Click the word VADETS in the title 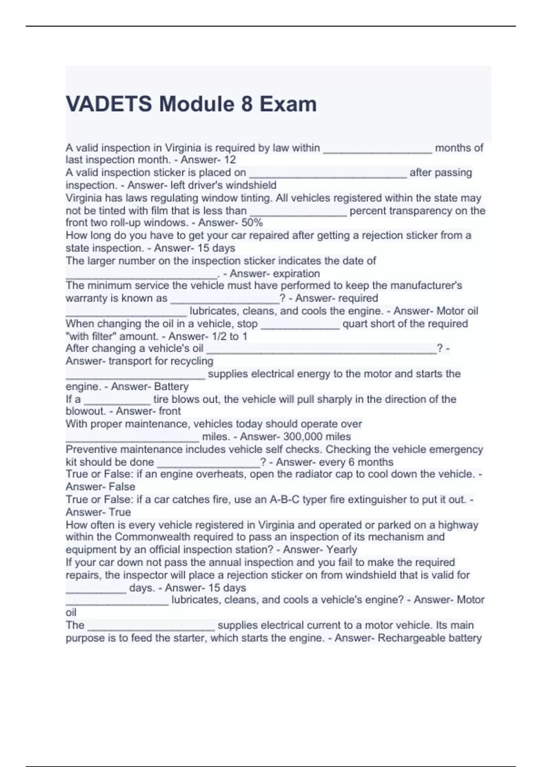pos(109,104)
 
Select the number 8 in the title pos(247,104)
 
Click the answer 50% pos(252,222)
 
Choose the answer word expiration pos(296,273)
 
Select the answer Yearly pos(342,550)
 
